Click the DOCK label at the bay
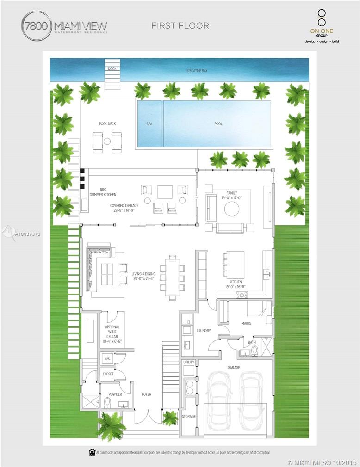(x=112, y=69)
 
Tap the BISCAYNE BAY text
(x=197, y=71)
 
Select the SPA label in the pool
(x=149, y=124)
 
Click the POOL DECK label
(x=106, y=124)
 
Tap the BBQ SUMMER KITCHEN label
(x=103, y=192)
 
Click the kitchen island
(x=235, y=264)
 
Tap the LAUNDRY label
(x=204, y=331)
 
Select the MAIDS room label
(x=246, y=323)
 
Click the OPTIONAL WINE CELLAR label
(x=112, y=331)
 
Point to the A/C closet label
(x=107, y=358)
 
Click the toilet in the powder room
(x=107, y=403)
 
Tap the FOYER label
(x=147, y=394)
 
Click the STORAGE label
(x=189, y=417)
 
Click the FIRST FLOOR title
(x=180, y=26)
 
